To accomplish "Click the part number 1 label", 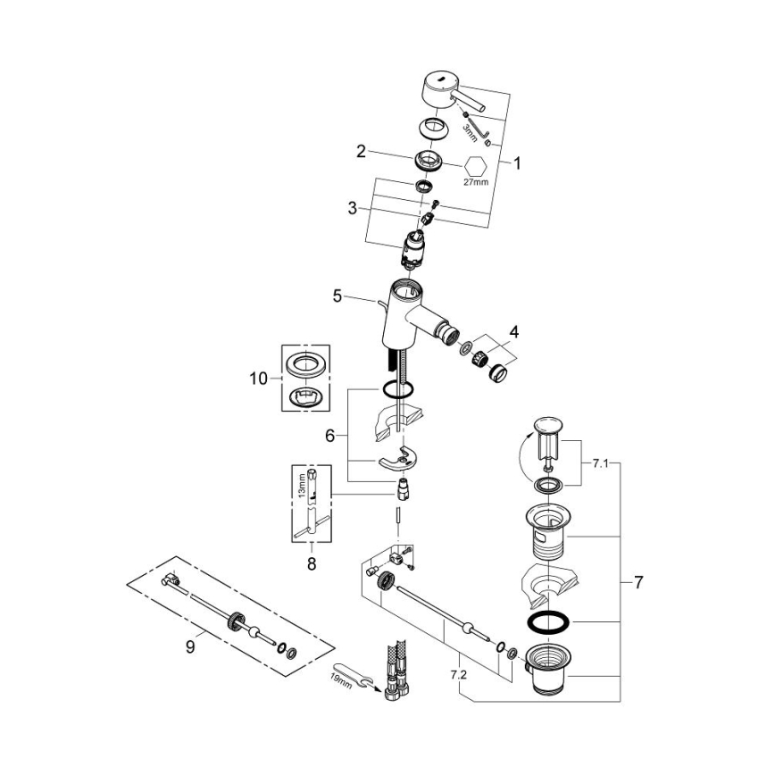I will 516,164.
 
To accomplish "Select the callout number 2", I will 362,151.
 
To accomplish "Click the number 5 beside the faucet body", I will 337,296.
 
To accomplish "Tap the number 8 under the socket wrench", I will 311,564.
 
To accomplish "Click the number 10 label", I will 258,379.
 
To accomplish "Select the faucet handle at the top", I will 446,94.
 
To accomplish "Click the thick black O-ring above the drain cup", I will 547,622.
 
